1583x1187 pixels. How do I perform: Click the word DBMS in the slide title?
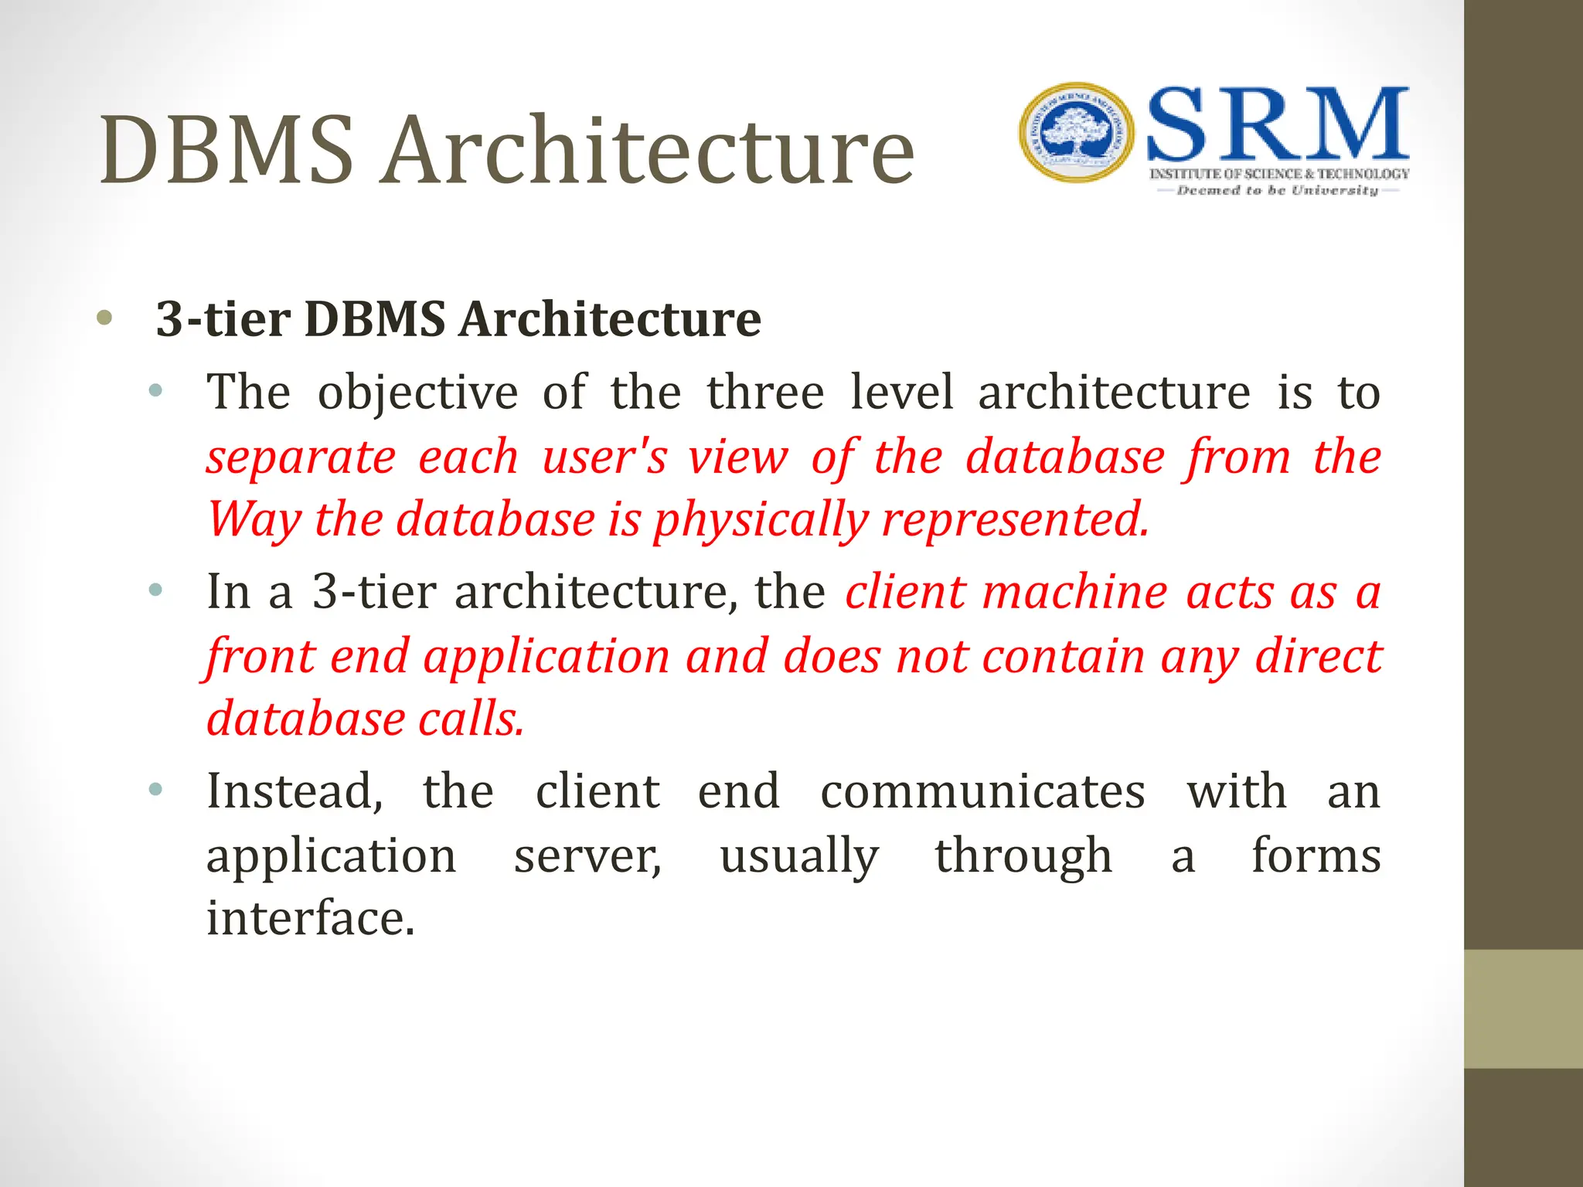coord(226,150)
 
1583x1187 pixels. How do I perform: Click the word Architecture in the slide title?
coord(649,150)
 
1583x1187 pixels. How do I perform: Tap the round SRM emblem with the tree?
coord(1076,133)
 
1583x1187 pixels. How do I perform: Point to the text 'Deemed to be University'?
coord(1277,190)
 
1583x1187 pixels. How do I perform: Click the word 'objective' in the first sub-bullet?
coord(417,393)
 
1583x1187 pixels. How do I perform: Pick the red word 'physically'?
coord(761,519)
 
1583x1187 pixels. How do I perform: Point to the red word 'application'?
coord(546,656)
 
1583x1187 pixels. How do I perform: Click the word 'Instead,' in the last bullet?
coord(294,791)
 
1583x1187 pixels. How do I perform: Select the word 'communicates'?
coord(982,791)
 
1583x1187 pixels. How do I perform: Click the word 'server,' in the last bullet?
coord(587,855)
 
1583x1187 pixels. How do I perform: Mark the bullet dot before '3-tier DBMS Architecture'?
coord(105,318)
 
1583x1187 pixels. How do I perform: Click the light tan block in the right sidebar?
coord(1523,1008)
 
